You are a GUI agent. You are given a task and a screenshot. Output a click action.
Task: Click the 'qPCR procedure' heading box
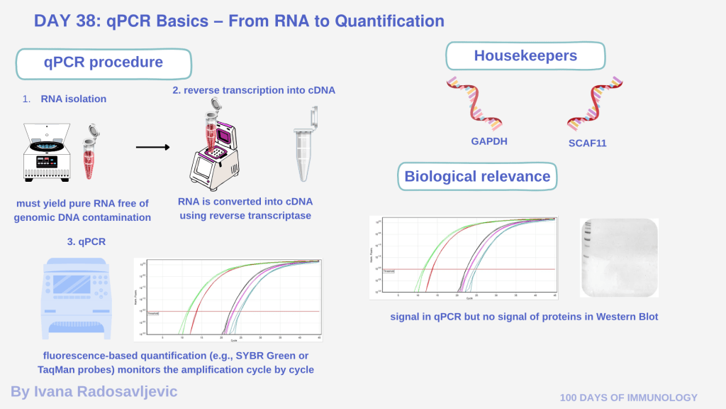pos(104,62)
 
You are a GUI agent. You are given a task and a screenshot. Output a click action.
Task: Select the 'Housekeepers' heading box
pos(525,56)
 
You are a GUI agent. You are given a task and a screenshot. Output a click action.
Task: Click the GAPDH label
pos(489,141)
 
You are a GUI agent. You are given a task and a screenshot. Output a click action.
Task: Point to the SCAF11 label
pos(587,143)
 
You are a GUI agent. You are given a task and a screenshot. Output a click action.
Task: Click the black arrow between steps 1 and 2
pos(153,148)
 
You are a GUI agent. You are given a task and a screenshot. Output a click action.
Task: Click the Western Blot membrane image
pos(619,257)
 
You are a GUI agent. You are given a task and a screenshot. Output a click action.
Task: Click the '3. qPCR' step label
pos(86,241)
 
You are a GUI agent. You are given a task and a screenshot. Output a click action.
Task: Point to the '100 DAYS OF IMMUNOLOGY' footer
pos(629,398)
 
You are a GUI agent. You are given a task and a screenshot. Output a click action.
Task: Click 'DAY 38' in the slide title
pos(65,21)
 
